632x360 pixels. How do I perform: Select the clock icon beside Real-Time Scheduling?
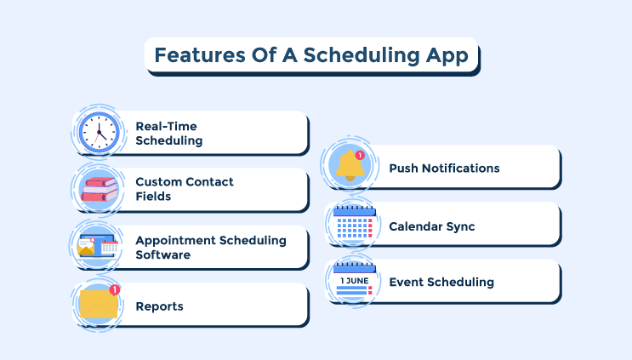(99, 133)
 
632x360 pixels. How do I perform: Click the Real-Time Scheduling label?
(169, 134)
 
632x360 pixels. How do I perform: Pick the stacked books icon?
(99, 189)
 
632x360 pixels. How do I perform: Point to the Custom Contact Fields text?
(184, 189)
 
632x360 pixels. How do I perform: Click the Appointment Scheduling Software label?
(210, 247)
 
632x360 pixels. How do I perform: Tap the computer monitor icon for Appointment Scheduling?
(97, 247)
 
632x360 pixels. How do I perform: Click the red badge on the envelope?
(115, 290)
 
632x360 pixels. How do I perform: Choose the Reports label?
(159, 306)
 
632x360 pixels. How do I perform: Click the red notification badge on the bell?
(360, 156)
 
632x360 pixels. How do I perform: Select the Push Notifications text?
(444, 168)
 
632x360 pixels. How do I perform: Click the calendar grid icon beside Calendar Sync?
(353, 225)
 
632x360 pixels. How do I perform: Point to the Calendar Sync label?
(431, 226)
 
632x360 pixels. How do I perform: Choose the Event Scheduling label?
(441, 282)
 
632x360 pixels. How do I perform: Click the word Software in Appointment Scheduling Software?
(162, 254)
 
